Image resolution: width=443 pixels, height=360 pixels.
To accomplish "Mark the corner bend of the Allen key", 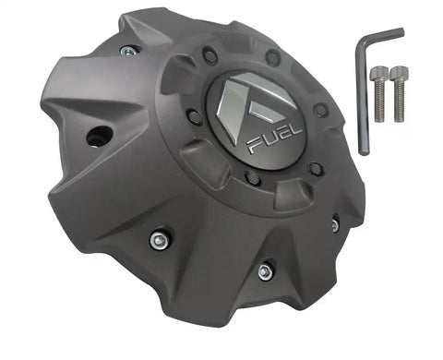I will tap(364, 43).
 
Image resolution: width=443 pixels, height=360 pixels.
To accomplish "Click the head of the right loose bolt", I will tap(398, 72).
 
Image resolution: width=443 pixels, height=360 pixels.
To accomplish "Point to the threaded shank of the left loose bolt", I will tap(380, 102).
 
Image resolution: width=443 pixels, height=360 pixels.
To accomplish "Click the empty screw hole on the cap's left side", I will tap(95, 138).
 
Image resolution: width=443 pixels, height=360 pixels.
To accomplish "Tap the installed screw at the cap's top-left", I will tap(128, 50).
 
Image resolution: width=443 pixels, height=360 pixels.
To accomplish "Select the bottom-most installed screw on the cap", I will tap(264, 271).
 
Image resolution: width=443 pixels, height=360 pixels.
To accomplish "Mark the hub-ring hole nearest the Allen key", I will tap(320, 111).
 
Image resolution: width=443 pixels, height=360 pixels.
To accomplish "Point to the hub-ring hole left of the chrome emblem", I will tap(195, 116).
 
